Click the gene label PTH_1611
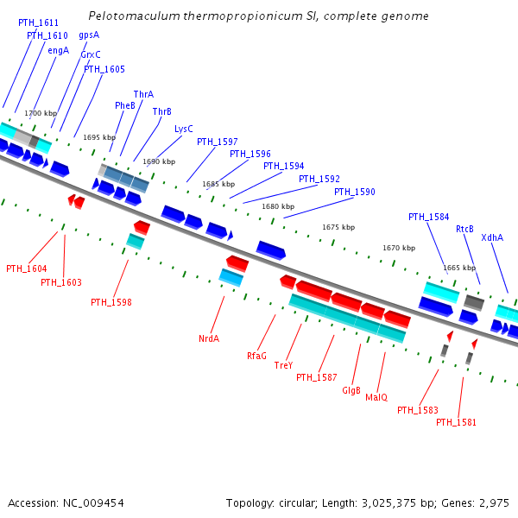(38, 23)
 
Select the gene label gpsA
(89, 35)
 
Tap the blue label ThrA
(143, 94)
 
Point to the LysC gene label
(184, 129)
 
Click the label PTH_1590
(355, 192)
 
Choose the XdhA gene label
(492, 237)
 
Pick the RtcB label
(465, 229)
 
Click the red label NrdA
(209, 338)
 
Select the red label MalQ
(376, 397)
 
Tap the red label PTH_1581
(456, 422)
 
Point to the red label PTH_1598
(111, 302)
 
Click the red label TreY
(283, 365)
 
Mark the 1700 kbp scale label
(41, 113)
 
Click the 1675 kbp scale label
(338, 227)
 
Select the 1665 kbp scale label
(459, 268)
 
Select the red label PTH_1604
(27, 268)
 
